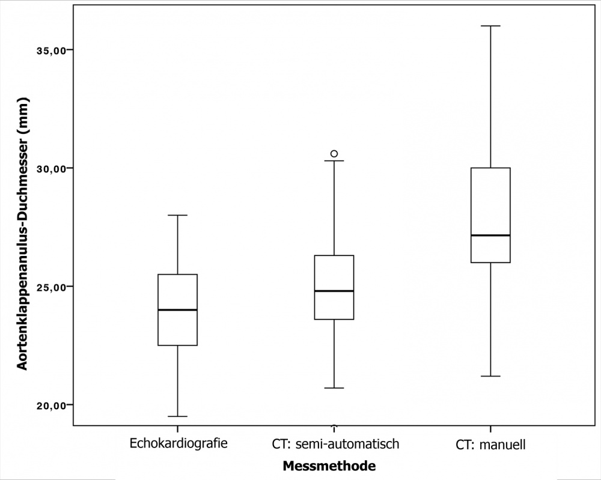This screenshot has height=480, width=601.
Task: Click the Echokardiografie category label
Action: [x=178, y=445]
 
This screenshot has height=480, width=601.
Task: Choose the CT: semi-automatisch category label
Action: [x=334, y=445]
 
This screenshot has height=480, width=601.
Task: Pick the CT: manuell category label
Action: [x=491, y=445]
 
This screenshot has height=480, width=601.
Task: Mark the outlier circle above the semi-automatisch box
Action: [x=334, y=154]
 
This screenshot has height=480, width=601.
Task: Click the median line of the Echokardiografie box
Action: [x=178, y=310]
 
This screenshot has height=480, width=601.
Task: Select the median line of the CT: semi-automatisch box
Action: [x=334, y=291]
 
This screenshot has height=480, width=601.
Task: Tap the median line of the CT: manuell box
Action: [x=491, y=235]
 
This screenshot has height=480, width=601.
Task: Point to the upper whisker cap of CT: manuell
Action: [x=491, y=26]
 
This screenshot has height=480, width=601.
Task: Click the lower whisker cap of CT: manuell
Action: [x=491, y=376]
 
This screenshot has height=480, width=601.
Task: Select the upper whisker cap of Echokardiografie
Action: [x=178, y=215]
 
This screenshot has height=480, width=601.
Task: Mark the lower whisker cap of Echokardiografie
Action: [x=178, y=416]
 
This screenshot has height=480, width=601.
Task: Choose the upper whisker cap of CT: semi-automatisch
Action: [x=334, y=161]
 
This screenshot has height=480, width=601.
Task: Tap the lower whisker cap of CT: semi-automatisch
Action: [x=334, y=388]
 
